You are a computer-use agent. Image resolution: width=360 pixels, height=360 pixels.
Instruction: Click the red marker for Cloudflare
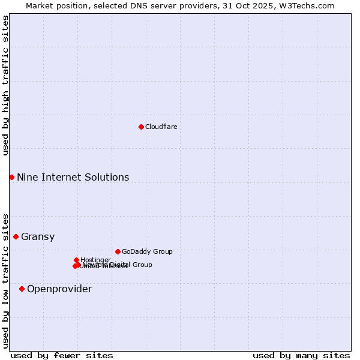tap(141, 127)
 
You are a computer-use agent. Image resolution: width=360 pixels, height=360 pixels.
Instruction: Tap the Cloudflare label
tap(161, 127)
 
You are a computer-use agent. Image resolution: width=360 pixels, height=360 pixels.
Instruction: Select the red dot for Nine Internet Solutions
tap(11, 177)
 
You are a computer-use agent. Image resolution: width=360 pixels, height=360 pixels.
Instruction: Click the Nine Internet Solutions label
tap(73, 177)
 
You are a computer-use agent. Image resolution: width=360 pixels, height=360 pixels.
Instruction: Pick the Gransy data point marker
tap(16, 236)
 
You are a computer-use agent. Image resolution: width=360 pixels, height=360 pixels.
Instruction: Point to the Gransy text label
tap(38, 236)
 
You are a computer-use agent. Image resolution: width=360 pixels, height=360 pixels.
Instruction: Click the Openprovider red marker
tap(22, 289)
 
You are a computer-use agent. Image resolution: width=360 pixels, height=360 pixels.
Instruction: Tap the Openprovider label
tap(59, 289)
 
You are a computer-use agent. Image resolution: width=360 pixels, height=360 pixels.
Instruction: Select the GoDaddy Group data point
tap(118, 251)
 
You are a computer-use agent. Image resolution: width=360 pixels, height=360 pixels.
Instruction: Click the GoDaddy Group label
tap(147, 251)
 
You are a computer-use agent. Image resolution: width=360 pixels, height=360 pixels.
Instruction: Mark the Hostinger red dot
tap(76, 260)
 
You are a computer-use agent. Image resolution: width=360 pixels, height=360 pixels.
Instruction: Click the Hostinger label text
tap(95, 260)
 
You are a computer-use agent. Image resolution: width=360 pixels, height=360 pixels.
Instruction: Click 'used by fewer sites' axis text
tap(62, 355)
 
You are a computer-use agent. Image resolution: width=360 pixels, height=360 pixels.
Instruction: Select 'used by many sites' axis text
tap(301, 355)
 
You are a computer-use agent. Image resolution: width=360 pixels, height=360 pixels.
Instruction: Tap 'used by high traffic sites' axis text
tap(5, 85)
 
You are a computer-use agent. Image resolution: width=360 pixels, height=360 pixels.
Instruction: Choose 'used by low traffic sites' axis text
tap(5, 280)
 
